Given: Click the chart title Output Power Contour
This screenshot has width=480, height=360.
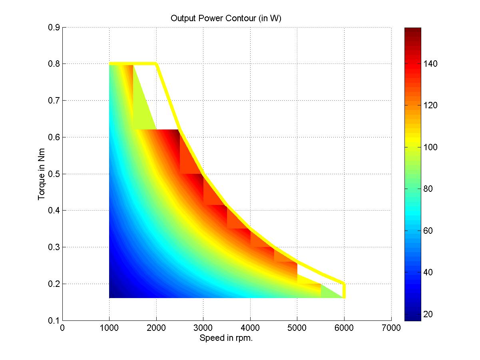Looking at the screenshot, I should click(x=227, y=18).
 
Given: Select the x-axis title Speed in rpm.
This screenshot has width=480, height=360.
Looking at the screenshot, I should click(x=227, y=338).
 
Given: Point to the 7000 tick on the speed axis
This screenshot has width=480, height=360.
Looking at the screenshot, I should click(x=391, y=328).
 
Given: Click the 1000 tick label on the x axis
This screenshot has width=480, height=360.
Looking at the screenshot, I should click(x=109, y=328).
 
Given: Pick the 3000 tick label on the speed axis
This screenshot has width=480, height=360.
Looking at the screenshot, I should click(x=203, y=328).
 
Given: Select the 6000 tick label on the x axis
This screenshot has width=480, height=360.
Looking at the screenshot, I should click(x=344, y=328).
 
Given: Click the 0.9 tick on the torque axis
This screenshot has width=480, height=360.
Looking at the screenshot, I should click(x=54, y=28).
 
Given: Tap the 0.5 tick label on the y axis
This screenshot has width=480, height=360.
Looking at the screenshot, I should click(x=54, y=174).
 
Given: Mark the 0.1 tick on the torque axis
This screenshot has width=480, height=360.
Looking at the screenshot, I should click(x=54, y=320).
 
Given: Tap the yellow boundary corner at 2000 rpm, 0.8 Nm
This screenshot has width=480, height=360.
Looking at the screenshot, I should click(x=156, y=64).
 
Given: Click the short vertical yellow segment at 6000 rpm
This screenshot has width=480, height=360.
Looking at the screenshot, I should click(x=344, y=290).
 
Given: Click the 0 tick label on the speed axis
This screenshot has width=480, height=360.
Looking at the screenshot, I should click(x=62, y=328).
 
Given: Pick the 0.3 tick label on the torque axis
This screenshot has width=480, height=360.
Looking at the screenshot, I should click(x=54, y=247).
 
